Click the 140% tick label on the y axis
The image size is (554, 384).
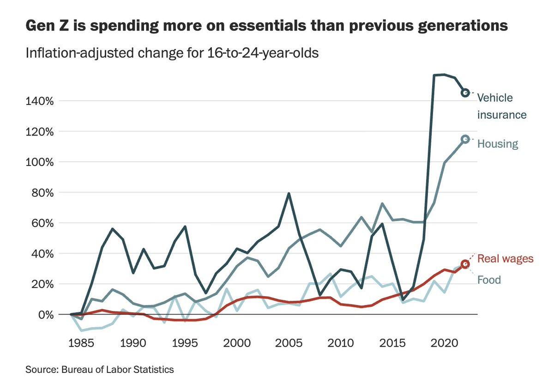tap(40, 101)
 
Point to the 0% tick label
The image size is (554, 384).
tap(46, 315)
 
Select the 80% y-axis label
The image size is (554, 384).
tap(42, 193)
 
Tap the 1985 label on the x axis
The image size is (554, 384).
tap(81, 343)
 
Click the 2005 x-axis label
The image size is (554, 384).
tap(289, 343)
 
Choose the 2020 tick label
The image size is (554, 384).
tap(445, 343)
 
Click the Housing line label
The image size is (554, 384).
tap(498, 144)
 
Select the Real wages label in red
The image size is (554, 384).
tap(505, 259)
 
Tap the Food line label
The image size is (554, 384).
tap(489, 280)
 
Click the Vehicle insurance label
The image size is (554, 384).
tap(502, 106)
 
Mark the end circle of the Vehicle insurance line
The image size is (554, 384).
tap(465, 93)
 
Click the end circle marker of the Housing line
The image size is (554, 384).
tap(465, 139)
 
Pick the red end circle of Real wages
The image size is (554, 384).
tap(465, 264)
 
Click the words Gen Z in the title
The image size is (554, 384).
tap(47, 26)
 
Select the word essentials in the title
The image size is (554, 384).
tap(268, 26)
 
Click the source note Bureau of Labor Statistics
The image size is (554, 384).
tap(117, 370)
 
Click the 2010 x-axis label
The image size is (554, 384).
tap(341, 343)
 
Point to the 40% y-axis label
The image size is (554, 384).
tap(42, 254)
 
